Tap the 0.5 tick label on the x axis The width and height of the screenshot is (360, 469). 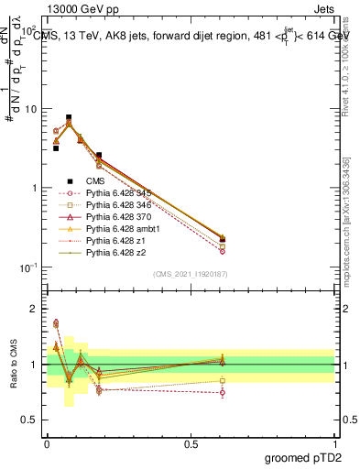coord(191,442)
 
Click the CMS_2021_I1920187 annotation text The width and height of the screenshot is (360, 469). coord(191,274)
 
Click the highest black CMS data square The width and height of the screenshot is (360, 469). coord(69,118)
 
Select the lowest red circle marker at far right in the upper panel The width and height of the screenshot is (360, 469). coord(223,250)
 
